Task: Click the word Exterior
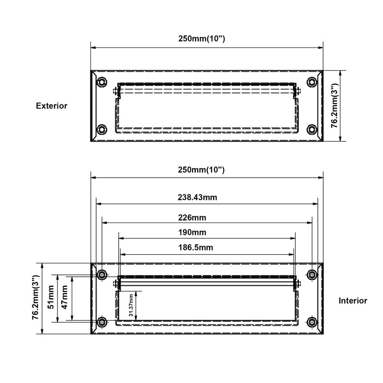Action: [x=52, y=106]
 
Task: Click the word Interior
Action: [x=353, y=301]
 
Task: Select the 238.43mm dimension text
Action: [x=206, y=197]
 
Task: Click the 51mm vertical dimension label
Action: [x=51, y=298]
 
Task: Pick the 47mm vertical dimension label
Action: [x=65, y=298]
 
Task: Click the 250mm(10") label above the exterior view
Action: [x=206, y=38]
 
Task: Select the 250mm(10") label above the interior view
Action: [x=206, y=170]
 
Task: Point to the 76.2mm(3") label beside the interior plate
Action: [x=35, y=298]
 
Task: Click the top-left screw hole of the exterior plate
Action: [x=101, y=82]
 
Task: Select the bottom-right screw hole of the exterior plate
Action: [x=312, y=129]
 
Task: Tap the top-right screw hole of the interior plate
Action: [x=312, y=274]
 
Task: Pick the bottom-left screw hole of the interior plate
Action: [x=101, y=322]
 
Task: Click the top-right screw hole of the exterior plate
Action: [x=312, y=82]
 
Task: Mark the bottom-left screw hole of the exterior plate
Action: [x=101, y=129]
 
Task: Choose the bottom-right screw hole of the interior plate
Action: [x=312, y=322]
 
